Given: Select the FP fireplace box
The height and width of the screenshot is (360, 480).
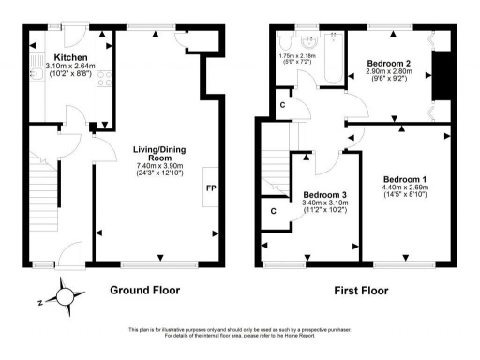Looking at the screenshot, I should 209,187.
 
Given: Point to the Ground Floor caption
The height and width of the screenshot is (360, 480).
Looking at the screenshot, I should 145,290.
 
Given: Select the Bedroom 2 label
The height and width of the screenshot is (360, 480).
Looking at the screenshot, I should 386,63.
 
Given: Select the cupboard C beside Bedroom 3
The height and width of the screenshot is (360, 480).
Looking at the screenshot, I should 273,211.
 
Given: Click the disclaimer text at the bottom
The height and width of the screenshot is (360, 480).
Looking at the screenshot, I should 240,332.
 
